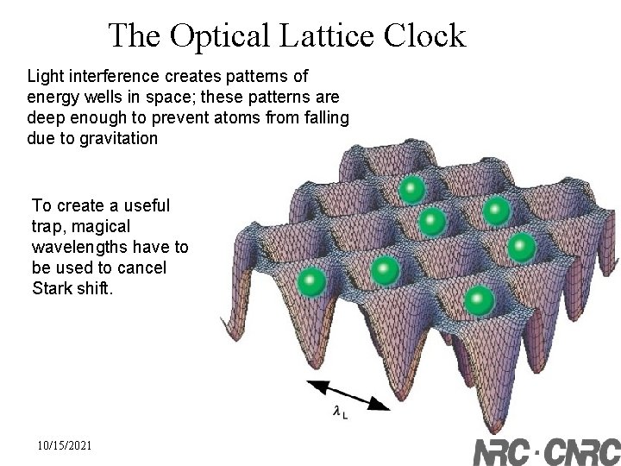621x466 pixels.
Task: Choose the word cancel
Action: coord(142,268)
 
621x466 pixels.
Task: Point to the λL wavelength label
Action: coord(341,413)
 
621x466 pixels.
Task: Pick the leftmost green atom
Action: coord(310,281)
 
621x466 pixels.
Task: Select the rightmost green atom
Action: coord(522,248)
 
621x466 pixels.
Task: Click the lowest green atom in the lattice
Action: coord(479,301)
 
